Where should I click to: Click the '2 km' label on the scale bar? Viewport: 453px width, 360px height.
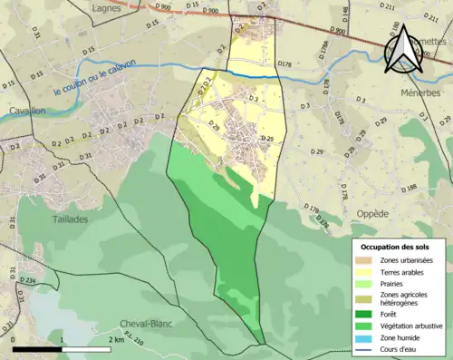coord(116,340)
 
